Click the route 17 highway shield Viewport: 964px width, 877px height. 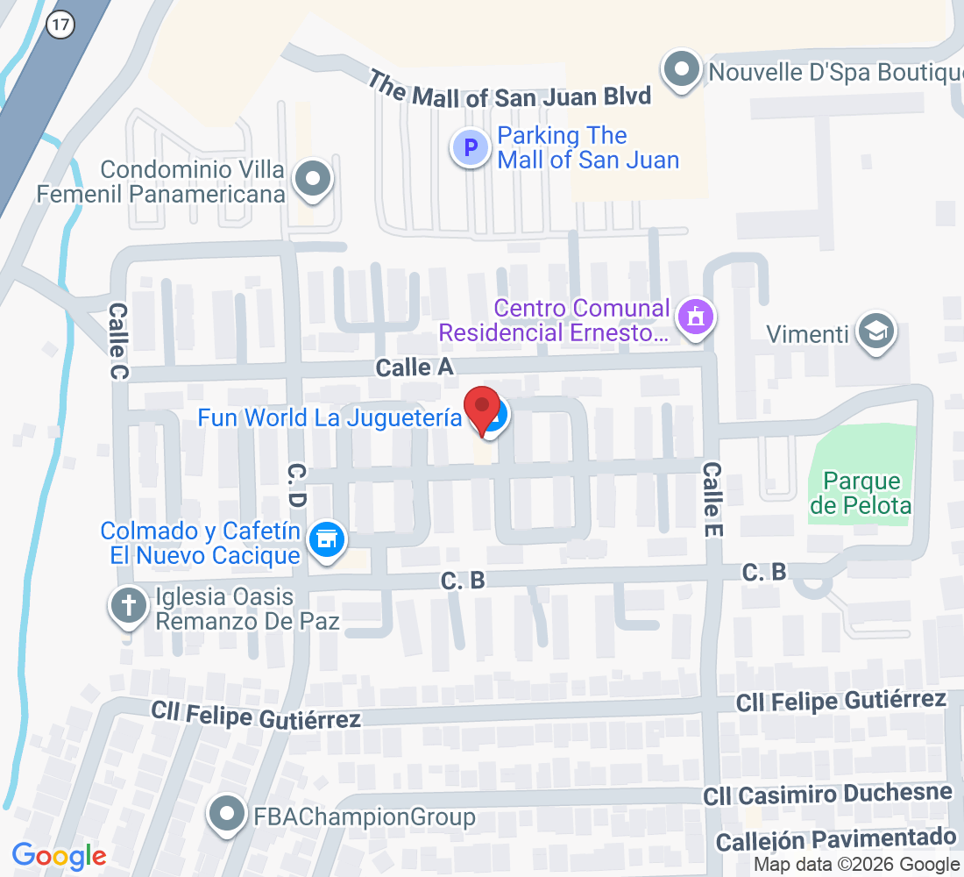pyautogui.click(x=60, y=25)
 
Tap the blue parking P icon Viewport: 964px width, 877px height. pyautogui.click(x=471, y=147)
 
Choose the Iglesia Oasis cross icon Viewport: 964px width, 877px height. pyautogui.click(x=129, y=606)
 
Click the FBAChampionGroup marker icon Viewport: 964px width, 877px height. pyautogui.click(x=228, y=815)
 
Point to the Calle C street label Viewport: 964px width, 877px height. pyautogui.click(x=117, y=342)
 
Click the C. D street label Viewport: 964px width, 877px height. pyautogui.click(x=295, y=488)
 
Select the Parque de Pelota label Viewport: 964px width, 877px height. pyautogui.click(x=861, y=493)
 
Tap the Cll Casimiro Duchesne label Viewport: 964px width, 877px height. pyautogui.click(x=826, y=795)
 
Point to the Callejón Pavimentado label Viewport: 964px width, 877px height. pyautogui.click(x=835, y=839)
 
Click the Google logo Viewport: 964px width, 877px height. pyautogui.click(x=60, y=855)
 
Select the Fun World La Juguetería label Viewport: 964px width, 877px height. pyautogui.click(x=329, y=417)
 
